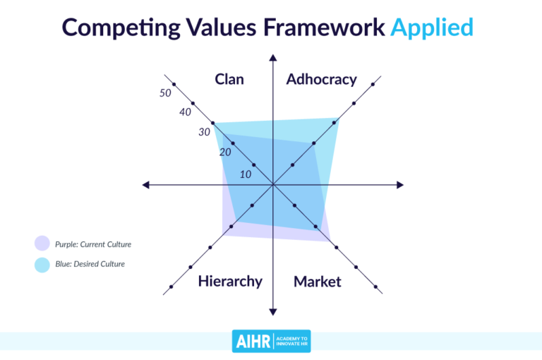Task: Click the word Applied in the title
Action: click(431, 27)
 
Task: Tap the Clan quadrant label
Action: click(229, 79)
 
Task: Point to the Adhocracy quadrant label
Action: click(321, 79)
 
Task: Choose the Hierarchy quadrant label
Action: click(230, 281)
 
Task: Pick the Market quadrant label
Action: click(318, 282)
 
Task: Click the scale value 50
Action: click(165, 93)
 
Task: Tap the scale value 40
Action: click(185, 112)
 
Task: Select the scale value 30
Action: click(205, 132)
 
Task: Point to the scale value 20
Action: click(225, 152)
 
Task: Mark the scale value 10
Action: click(246, 174)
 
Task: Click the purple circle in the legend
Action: click(42, 244)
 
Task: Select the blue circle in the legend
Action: click(42, 264)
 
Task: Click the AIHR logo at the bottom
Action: click(271, 340)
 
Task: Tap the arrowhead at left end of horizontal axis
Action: click(146, 185)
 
